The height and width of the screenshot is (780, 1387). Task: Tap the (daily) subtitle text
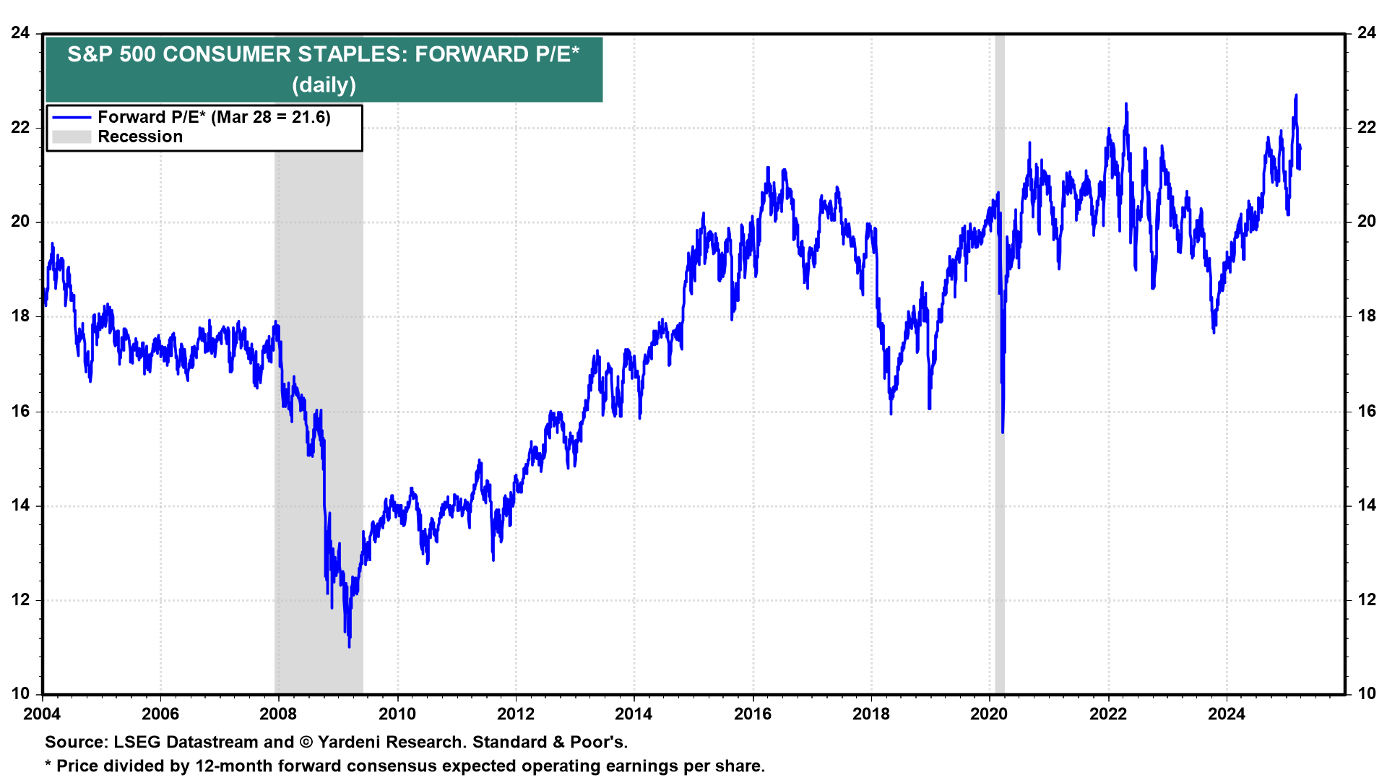[x=324, y=85]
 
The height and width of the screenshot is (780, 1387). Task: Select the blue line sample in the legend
[x=72, y=118]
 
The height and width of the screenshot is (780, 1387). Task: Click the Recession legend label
[x=140, y=137]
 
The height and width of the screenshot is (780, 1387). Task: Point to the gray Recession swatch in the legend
[x=72, y=137]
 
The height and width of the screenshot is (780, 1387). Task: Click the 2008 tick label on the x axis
[x=278, y=714]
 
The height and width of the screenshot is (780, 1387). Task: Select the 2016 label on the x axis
[x=753, y=714]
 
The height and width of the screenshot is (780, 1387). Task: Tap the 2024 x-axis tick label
[x=1227, y=714]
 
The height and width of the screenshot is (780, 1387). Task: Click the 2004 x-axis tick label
[x=42, y=714]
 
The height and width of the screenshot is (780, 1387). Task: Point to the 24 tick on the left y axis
[x=20, y=33]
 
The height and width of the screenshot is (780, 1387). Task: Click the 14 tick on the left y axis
[x=20, y=506]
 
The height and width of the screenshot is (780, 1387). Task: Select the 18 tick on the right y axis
[x=1367, y=316]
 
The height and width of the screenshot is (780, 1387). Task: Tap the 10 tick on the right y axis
[x=1367, y=694]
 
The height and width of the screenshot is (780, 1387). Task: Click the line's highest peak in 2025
[x=1296, y=95]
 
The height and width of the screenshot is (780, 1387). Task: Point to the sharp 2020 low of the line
[x=1003, y=431]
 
